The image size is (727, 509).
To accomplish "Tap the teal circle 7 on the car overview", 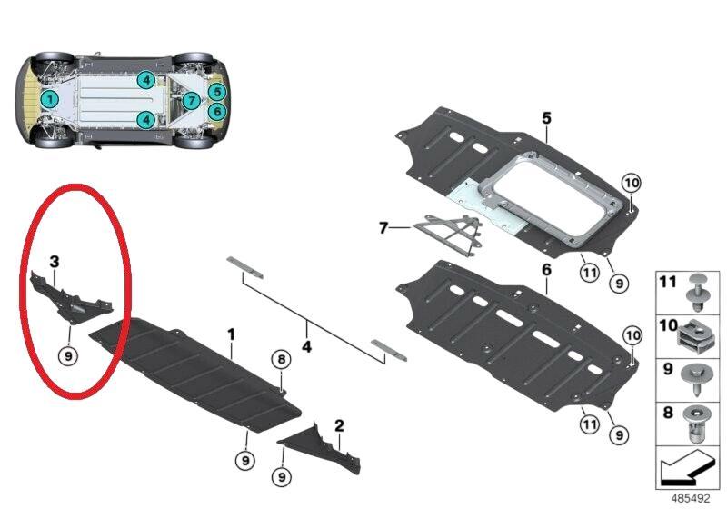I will coord(190,100).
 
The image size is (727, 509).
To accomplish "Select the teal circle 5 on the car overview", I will coord(215,91).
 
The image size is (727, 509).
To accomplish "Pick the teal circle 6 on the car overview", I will coord(215,111).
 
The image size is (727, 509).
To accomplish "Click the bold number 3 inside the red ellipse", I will coord(55,262).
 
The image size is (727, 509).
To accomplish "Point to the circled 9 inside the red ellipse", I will coord(67,356).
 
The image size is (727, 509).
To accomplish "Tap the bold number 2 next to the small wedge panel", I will coord(339,425).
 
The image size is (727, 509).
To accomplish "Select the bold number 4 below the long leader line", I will coord(307,347).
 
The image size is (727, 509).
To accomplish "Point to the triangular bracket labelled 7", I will coord(449,235).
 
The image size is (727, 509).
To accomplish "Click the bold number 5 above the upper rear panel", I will coord(546,118).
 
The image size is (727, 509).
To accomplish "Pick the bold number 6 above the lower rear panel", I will coord(546,271).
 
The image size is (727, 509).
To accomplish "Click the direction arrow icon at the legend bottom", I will coord(687,470).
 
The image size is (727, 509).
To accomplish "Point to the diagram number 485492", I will coord(691,499).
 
